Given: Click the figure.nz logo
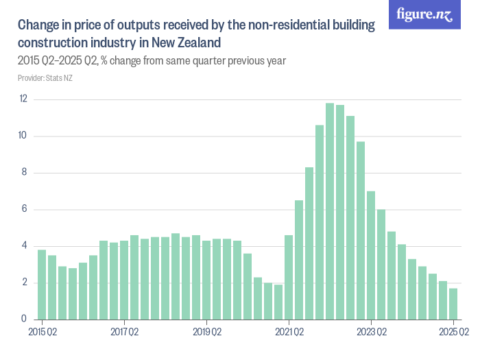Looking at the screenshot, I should coord(424,14).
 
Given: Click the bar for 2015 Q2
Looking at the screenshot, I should coord(42,285).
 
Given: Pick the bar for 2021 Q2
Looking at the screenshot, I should coord(289,277).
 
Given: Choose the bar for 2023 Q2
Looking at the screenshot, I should coord(371,255).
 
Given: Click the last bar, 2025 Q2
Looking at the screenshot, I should coord(453,304).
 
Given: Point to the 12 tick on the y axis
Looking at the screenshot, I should coord(23,99).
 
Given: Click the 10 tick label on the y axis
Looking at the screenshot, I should coord(23,136).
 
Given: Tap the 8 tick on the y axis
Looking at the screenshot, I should coord(25,173).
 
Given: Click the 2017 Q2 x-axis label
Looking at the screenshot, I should coord(124,333).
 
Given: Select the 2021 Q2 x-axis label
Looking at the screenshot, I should coord(289,333).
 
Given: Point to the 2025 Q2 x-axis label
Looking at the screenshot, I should coord(453,333).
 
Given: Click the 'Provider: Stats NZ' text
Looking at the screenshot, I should coord(45,78).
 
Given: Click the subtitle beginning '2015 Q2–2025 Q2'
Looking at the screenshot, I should coord(152,61).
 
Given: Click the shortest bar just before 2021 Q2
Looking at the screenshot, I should coord(278,302).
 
